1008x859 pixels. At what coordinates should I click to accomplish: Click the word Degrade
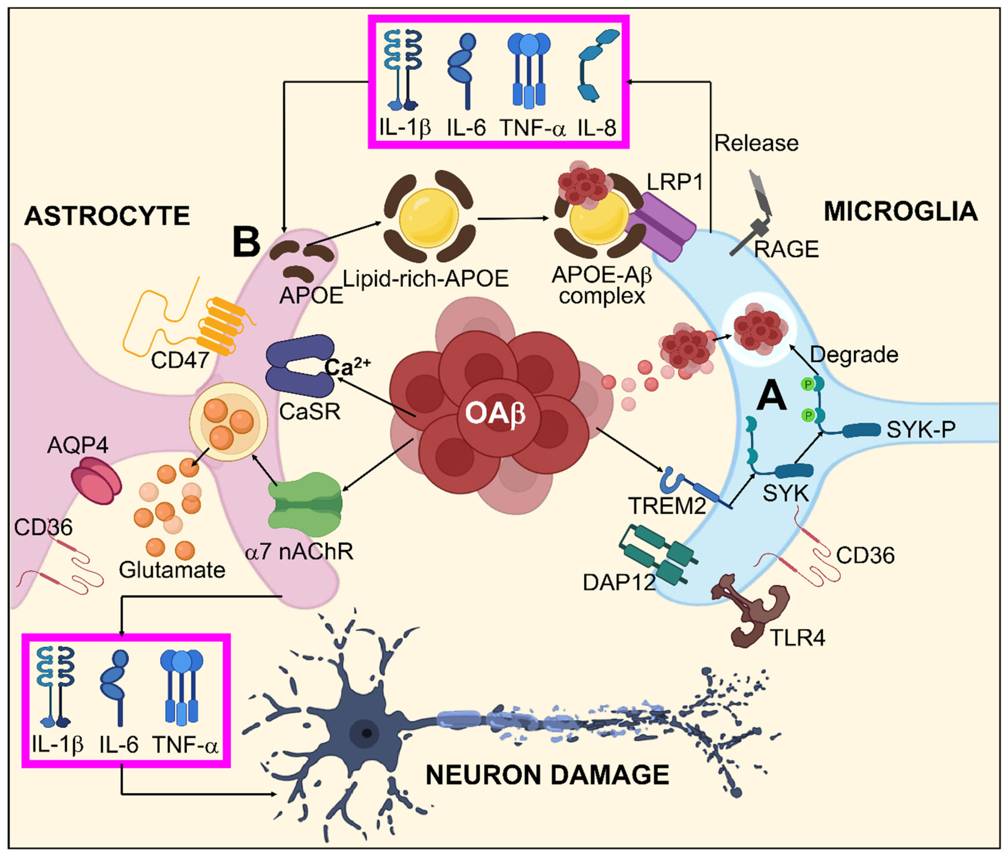point(854,355)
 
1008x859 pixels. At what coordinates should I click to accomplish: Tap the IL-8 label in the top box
point(596,128)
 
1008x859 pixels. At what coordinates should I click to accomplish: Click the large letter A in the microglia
point(772,395)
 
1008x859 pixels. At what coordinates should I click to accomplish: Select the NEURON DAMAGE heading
point(547,775)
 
